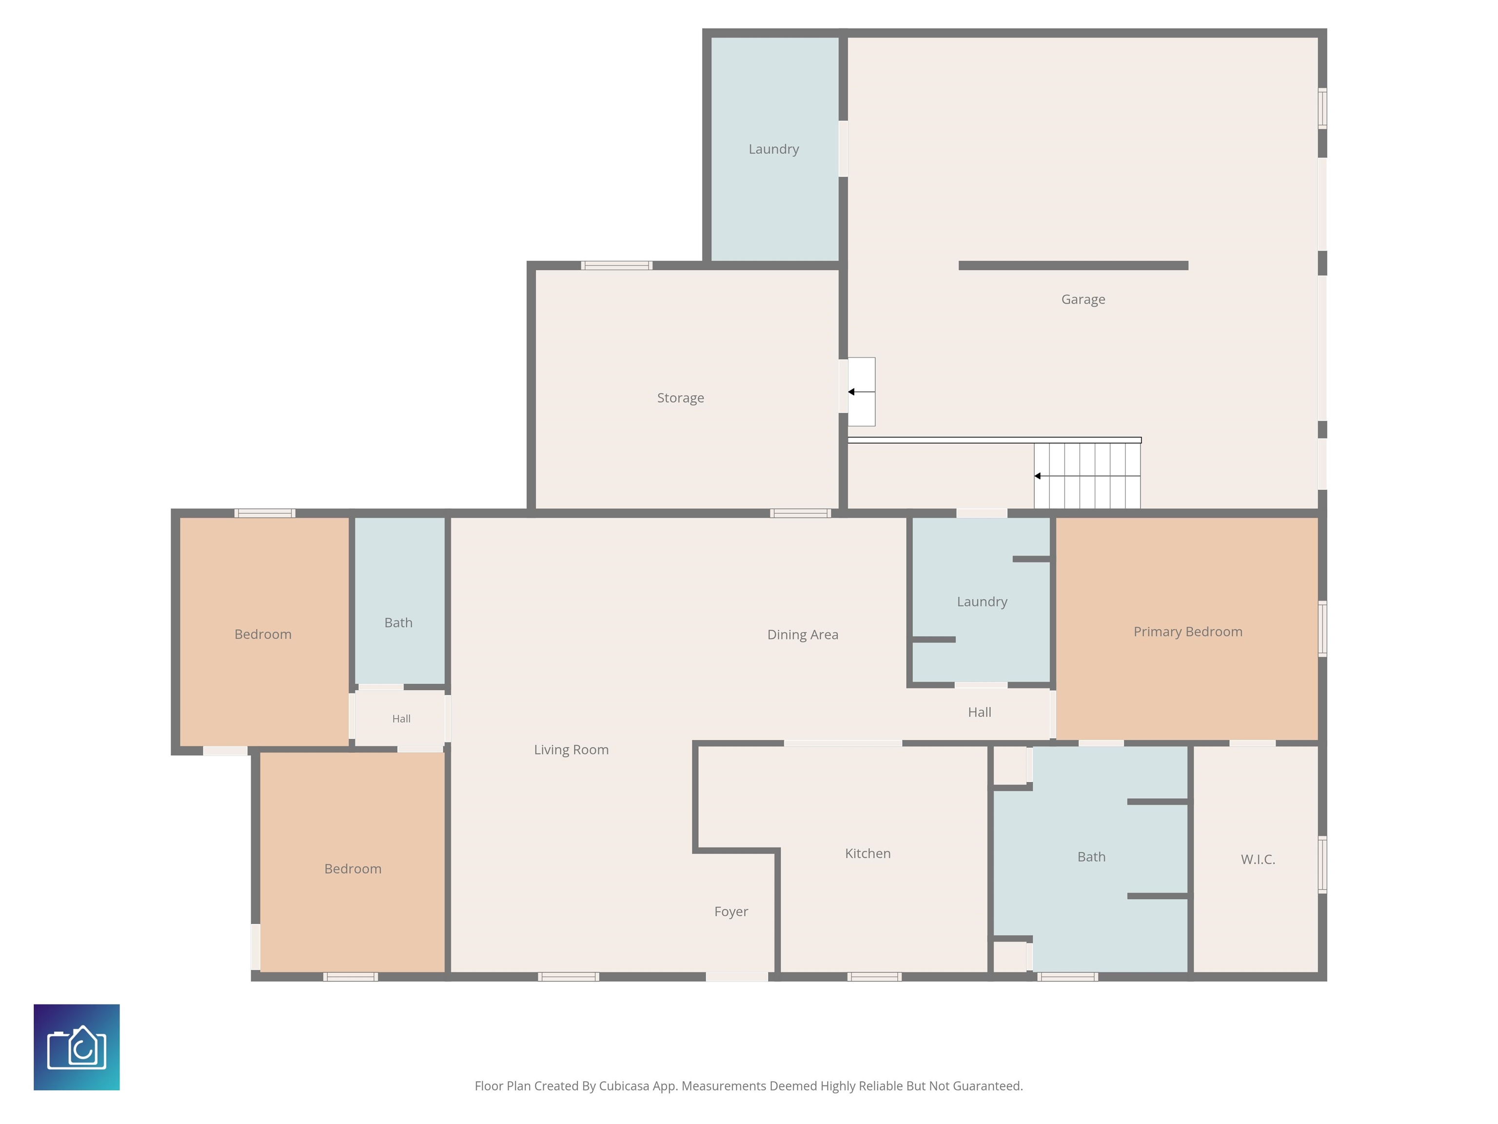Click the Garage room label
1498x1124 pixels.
(1083, 300)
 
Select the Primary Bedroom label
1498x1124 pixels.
(1188, 631)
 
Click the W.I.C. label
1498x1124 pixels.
(1258, 859)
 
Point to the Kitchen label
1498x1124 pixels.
(867, 853)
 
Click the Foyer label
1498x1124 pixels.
(731, 912)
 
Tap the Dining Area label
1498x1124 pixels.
(803, 635)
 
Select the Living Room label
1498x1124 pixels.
(571, 750)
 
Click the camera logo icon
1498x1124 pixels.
(77, 1047)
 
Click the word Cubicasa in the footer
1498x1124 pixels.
(624, 1086)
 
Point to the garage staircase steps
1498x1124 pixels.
(1087, 476)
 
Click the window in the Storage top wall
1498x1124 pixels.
(616, 265)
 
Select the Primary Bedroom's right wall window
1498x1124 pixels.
(1322, 629)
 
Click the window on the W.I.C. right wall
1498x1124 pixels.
(1322, 864)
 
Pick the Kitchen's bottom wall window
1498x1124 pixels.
(874, 976)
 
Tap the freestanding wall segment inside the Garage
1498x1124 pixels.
(1073, 265)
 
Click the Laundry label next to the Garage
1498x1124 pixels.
(773, 149)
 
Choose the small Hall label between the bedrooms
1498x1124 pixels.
(401, 719)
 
